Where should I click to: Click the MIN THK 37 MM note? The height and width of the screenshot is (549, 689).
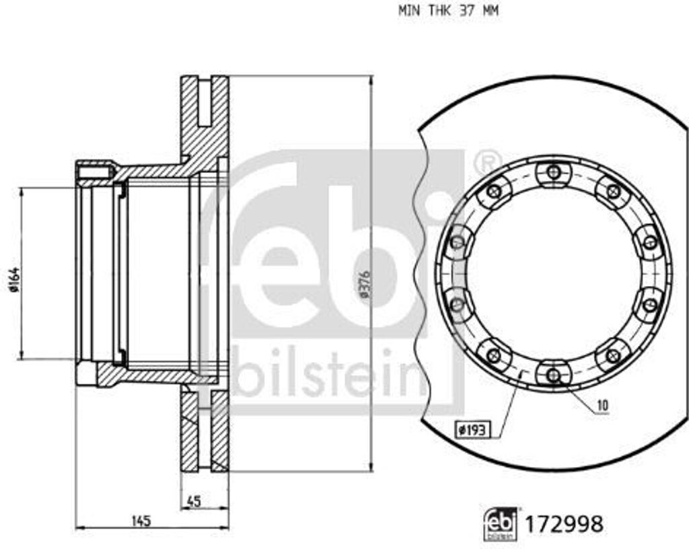point(448,11)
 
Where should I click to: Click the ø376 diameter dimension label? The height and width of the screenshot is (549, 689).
point(364,285)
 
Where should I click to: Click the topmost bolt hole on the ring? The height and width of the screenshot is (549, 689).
point(553,172)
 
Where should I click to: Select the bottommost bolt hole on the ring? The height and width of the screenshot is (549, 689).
point(553,374)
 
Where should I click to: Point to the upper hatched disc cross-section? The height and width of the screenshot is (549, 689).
point(205,121)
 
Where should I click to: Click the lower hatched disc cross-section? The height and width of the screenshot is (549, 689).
point(205,431)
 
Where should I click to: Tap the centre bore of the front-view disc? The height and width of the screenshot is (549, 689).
point(553,273)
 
